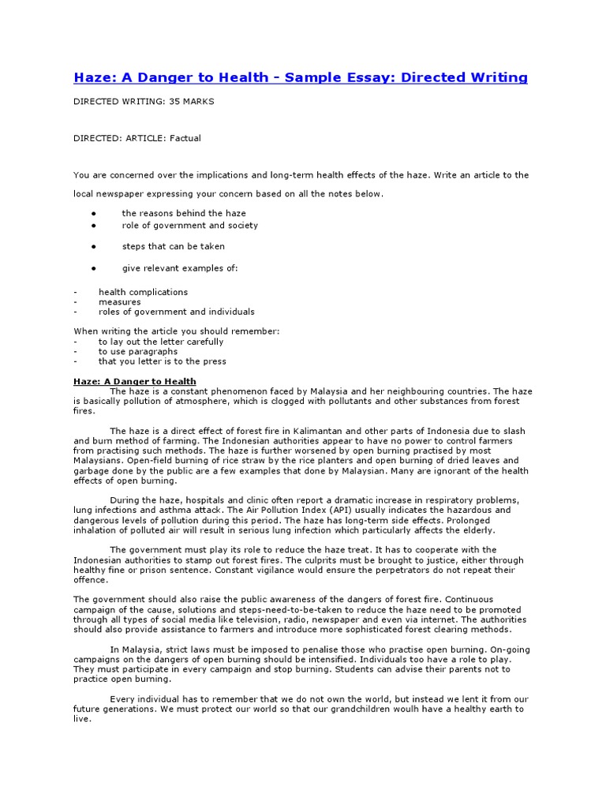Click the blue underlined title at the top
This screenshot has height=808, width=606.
point(301,77)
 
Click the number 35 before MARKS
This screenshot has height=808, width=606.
point(177,102)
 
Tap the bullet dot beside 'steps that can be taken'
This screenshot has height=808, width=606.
point(93,246)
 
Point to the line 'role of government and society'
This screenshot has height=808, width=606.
point(189,225)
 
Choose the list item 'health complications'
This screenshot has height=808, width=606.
point(143,292)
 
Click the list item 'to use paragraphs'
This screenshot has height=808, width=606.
point(138,352)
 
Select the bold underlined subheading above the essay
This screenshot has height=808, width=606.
point(135,381)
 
